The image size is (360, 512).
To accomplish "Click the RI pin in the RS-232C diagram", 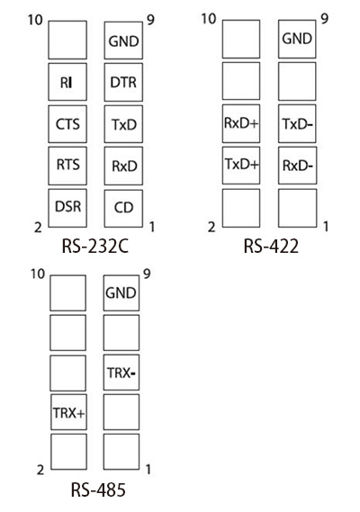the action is [67, 82].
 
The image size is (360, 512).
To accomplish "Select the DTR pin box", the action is [123, 82].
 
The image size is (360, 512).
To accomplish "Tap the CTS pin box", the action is [67, 124].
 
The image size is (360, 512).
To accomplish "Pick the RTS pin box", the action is [67, 166].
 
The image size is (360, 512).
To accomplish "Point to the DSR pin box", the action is [67, 208].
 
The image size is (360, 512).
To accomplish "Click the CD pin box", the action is [123, 208].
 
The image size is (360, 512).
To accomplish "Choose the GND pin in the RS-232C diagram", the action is [123, 40].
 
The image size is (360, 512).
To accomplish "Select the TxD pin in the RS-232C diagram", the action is [123, 124].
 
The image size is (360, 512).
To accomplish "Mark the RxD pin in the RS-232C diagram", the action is [123, 166].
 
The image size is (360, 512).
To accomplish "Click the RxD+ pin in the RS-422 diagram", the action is [241, 123].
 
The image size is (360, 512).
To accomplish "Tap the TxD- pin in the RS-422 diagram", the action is [297, 123].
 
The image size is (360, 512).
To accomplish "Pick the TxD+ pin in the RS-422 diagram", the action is [241, 166].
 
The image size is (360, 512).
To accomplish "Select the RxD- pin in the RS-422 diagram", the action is [297, 166].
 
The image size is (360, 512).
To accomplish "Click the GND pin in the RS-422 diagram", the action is [297, 40].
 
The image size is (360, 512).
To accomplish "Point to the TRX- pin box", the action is [121, 373].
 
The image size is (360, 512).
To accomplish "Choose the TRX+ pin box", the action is [68, 412].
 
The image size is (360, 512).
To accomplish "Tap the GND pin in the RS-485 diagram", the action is [121, 293].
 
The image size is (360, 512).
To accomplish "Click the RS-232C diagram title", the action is [95, 247].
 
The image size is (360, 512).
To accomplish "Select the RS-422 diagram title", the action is [271, 246].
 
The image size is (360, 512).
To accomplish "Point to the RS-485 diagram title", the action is [98, 490].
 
